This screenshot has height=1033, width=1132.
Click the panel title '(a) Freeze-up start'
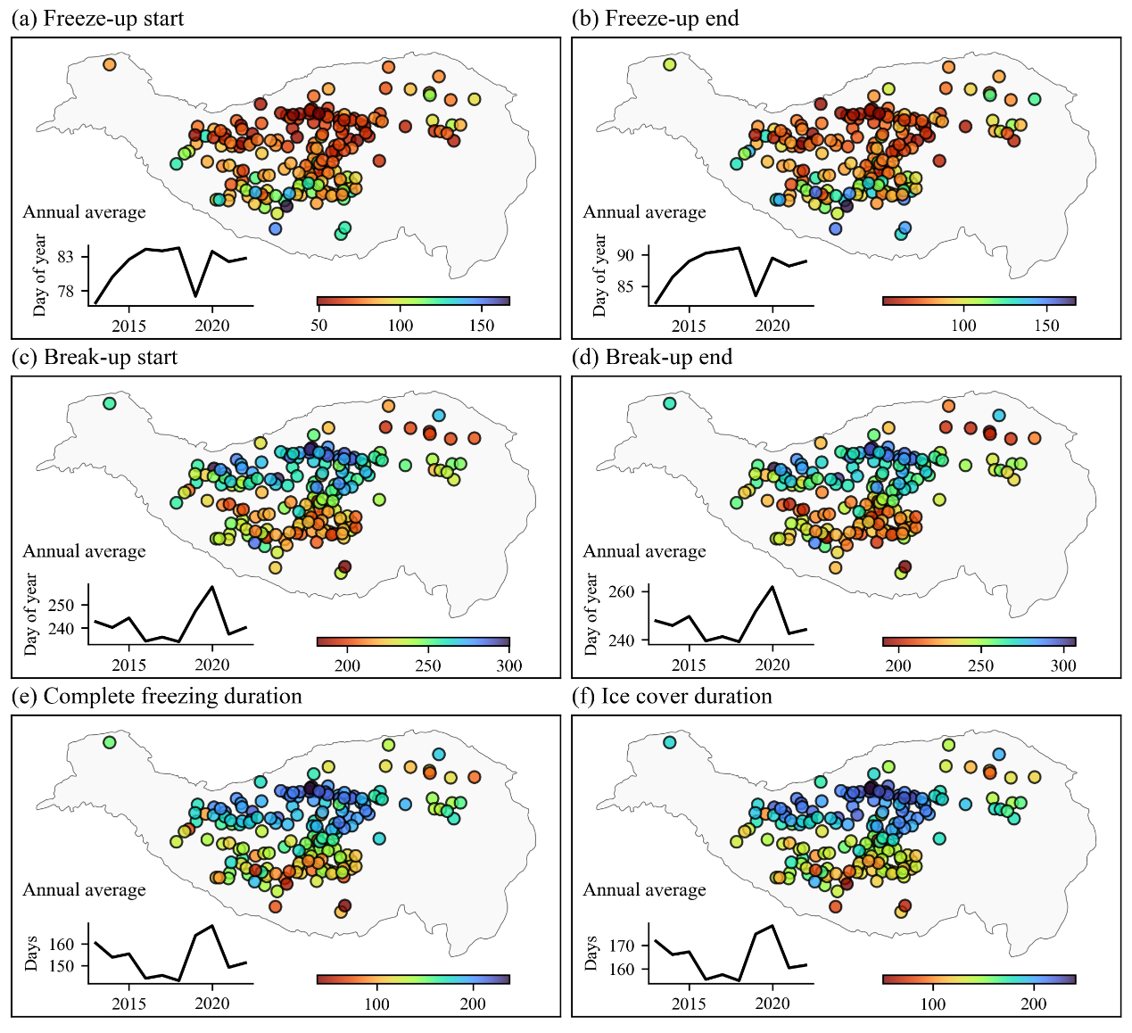click(x=97, y=19)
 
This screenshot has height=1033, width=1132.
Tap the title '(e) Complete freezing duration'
click(x=157, y=697)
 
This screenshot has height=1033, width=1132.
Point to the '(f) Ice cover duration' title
click(x=672, y=697)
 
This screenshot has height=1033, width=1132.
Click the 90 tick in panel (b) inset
click(x=625, y=255)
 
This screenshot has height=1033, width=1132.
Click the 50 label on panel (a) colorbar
click(x=319, y=326)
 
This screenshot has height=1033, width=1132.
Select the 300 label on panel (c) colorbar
click(x=509, y=665)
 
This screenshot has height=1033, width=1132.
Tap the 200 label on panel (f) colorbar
click(x=1033, y=1004)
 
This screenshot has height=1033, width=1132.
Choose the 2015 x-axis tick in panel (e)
click(x=129, y=1004)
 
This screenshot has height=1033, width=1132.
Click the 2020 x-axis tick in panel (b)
click(x=773, y=326)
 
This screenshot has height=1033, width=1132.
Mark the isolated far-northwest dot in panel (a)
click(x=110, y=64)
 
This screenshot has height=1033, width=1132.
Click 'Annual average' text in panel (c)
click(x=84, y=551)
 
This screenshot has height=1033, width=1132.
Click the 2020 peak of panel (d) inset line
click(x=773, y=586)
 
